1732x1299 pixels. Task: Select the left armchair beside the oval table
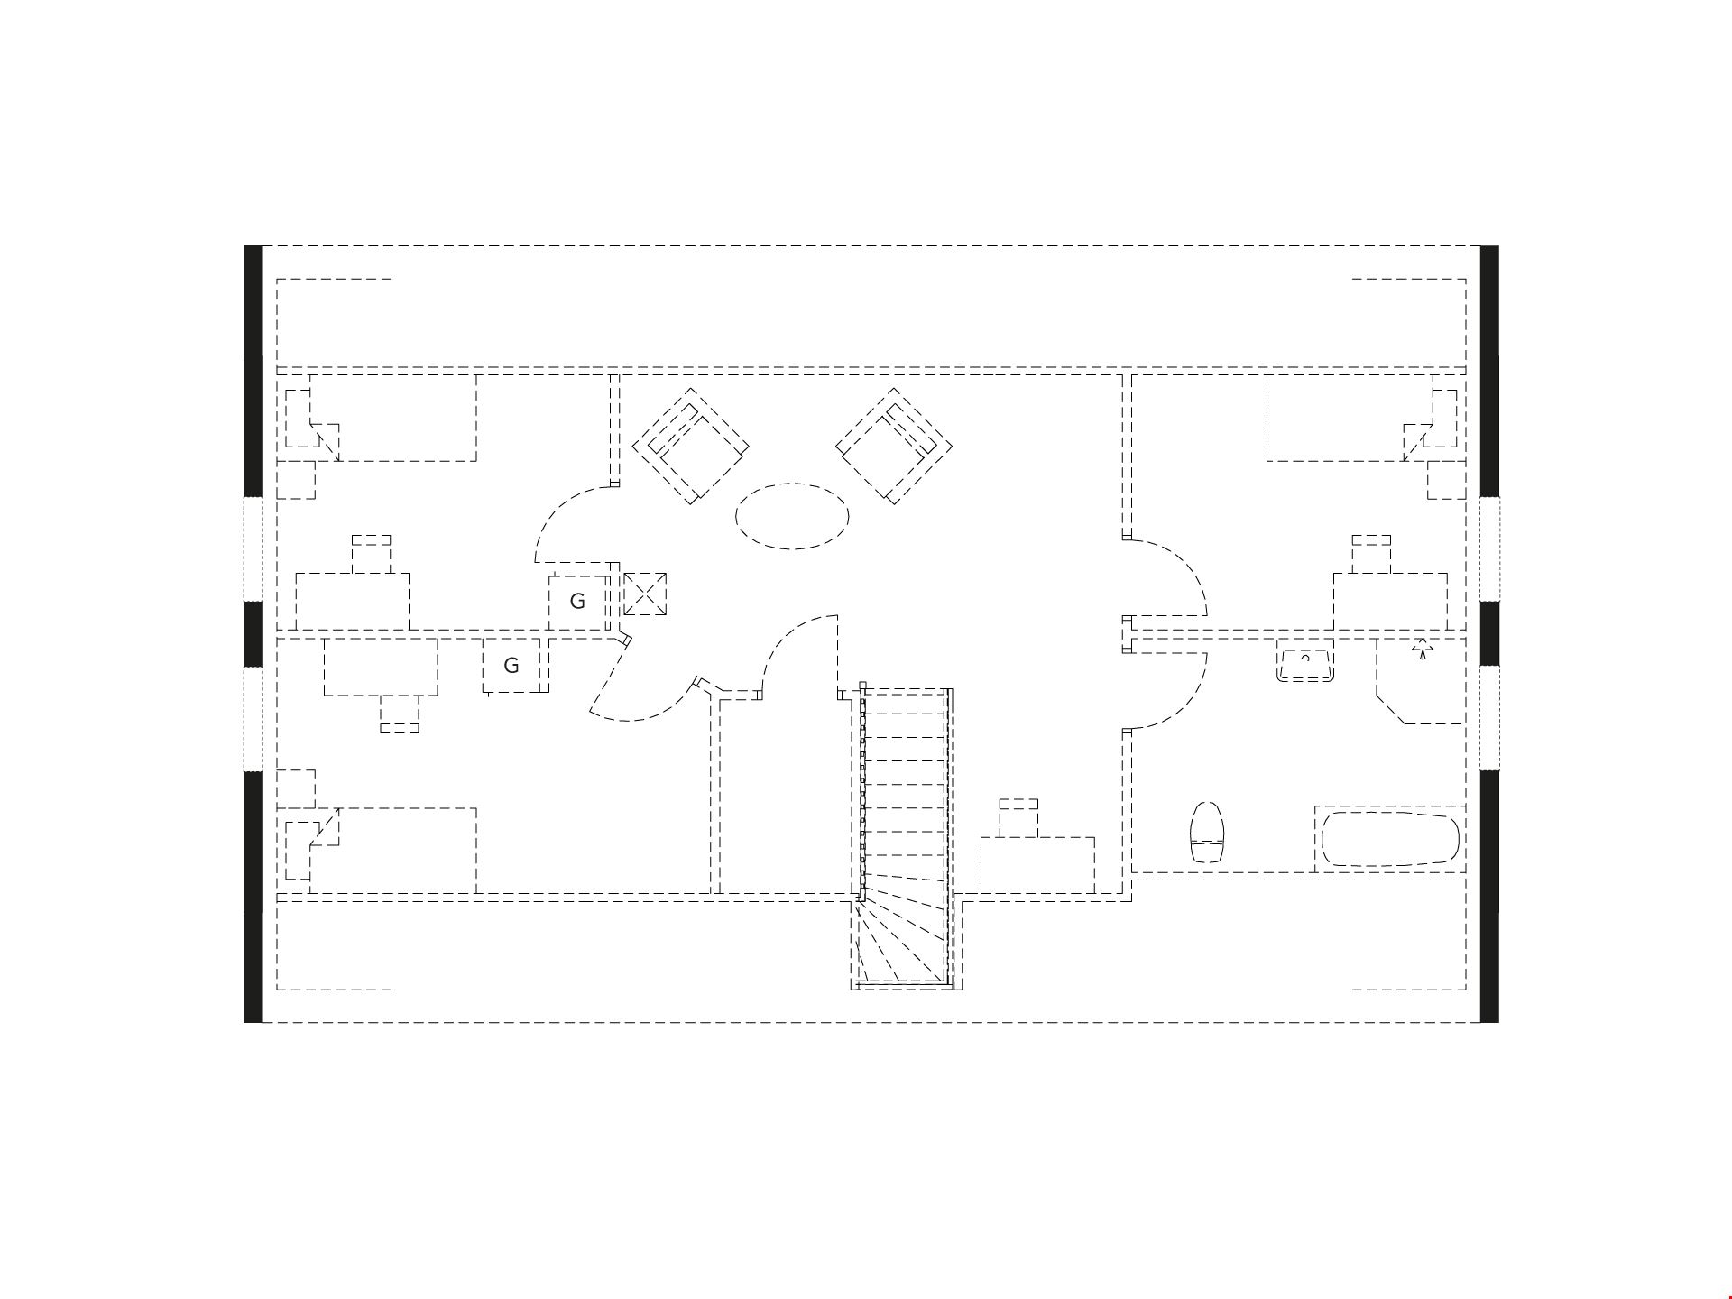[x=691, y=446]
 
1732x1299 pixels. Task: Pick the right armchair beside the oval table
[x=894, y=446]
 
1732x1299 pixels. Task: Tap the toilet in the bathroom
[x=1208, y=832]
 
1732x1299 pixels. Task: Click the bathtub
[x=1389, y=840]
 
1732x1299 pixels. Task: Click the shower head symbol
[x=1423, y=649]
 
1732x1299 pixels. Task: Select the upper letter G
[x=577, y=601]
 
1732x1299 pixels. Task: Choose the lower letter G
[x=511, y=666]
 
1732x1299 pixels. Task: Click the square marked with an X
[x=645, y=594]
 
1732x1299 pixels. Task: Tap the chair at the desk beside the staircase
[x=1018, y=817]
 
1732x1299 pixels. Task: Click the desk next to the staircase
[x=1037, y=865]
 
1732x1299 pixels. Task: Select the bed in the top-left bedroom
[x=393, y=418]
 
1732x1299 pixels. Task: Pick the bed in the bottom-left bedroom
[x=393, y=851]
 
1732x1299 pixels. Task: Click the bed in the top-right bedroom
[x=1350, y=418]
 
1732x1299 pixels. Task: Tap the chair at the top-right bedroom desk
[x=1371, y=554]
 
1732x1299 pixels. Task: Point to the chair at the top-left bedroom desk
[x=371, y=554]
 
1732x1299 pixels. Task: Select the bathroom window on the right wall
[x=1489, y=718]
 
